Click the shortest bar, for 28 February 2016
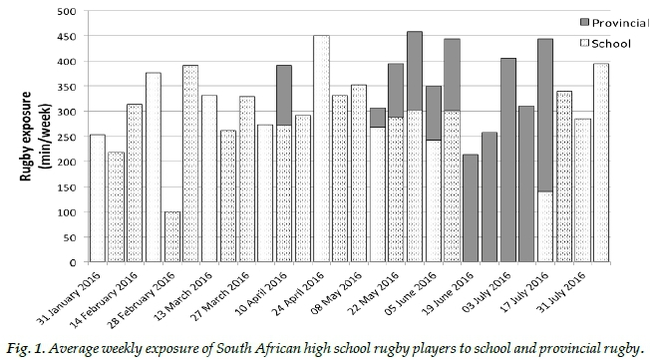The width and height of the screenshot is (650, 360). (172, 236)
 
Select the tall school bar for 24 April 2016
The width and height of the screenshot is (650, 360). (322, 149)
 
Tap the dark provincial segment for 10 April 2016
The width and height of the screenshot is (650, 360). (284, 96)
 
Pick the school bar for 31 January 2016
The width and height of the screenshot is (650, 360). (98, 198)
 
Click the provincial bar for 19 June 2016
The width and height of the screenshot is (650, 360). (471, 208)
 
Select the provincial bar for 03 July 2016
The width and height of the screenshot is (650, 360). (508, 161)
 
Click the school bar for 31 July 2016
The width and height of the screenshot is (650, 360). (582, 190)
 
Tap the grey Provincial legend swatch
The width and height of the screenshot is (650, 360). (584, 22)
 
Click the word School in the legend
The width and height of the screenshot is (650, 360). (611, 44)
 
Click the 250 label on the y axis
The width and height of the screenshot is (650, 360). (67, 137)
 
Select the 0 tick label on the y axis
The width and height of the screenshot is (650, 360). (74, 262)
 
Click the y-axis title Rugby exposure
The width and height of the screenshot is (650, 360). (26, 136)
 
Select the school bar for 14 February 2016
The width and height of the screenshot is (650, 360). (135, 182)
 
